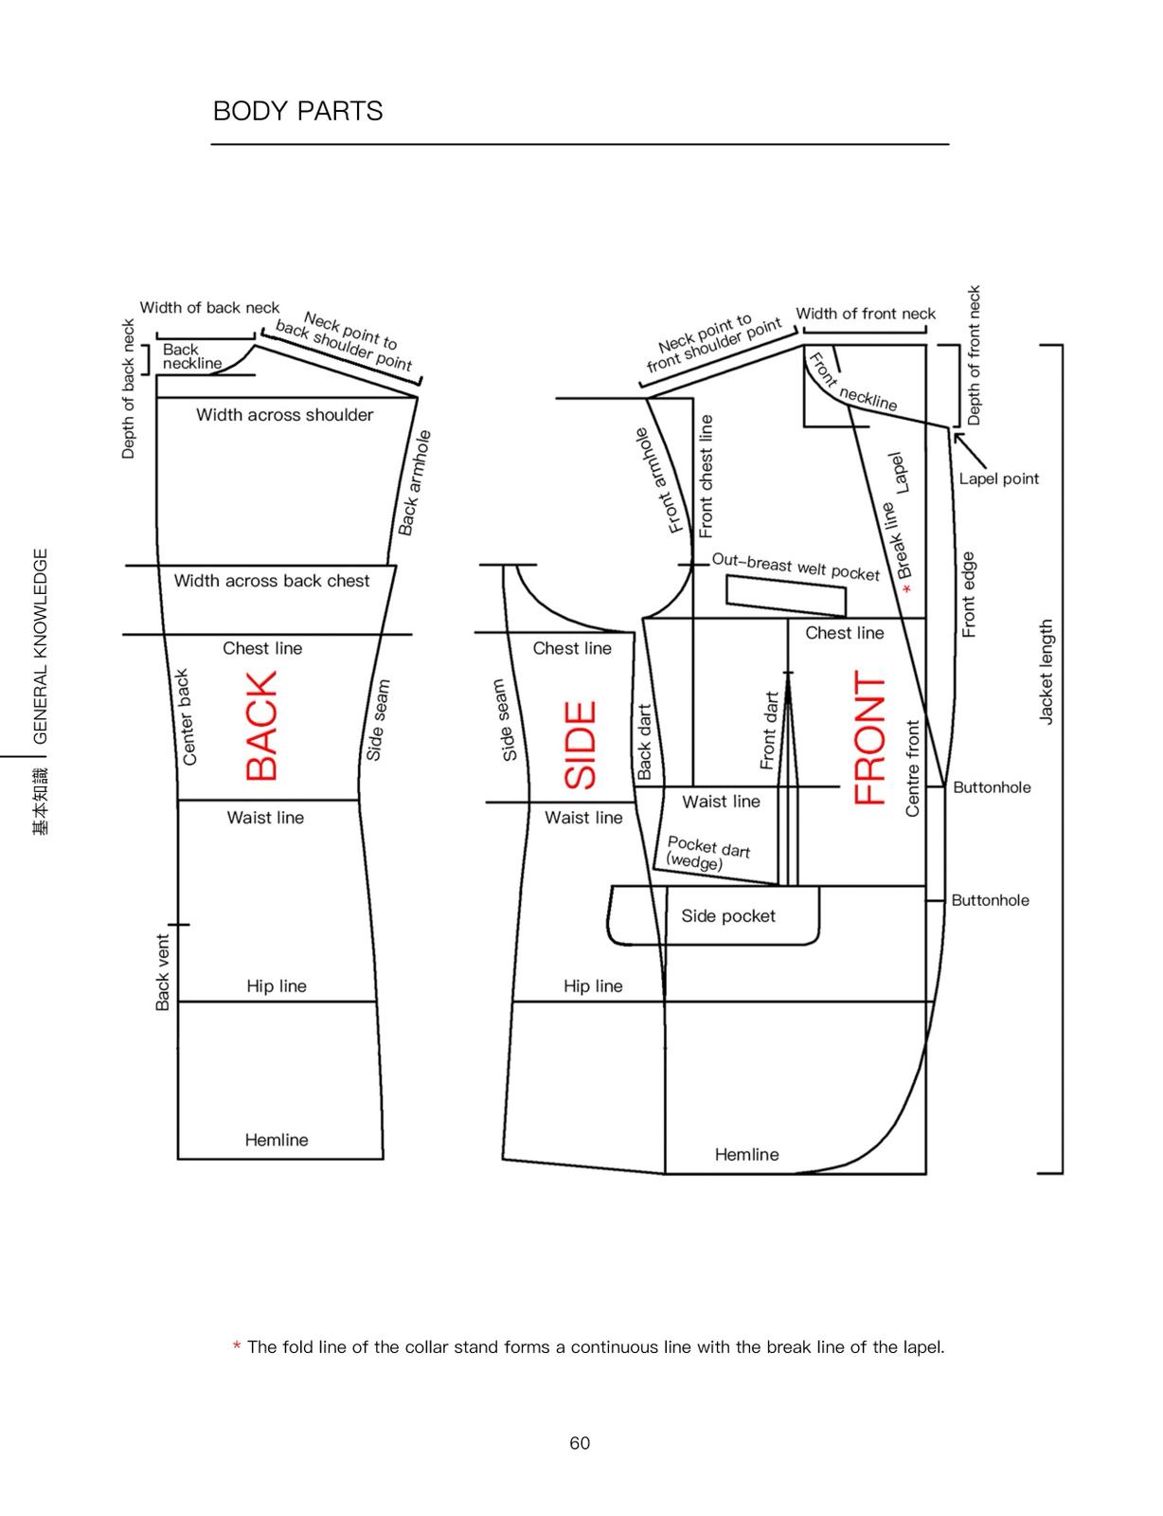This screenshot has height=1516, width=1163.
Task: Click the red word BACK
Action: pyautogui.click(x=261, y=726)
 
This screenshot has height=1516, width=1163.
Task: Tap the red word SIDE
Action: pyautogui.click(x=581, y=745)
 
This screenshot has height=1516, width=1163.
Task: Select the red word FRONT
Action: pyautogui.click(x=869, y=737)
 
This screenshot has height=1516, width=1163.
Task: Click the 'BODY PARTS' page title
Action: pyautogui.click(x=297, y=111)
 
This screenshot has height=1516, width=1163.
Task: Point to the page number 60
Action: pyautogui.click(x=580, y=1443)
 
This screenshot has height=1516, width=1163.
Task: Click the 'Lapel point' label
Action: pyautogui.click(x=998, y=478)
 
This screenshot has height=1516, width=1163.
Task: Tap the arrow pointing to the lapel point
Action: pyautogui.click(x=970, y=451)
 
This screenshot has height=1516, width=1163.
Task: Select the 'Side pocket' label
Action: pyautogui.click(x=728, y=916)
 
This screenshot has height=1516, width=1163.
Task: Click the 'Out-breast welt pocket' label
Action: pyautogui.click(x=796, y=568)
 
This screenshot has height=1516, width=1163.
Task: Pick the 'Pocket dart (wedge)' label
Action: pyautogui.click(x=707, y=853)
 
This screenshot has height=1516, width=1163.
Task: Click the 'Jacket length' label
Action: pyautogui.click(x=1046, y=671)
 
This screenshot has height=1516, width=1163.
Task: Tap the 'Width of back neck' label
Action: pyautogui.click(x=209, y=308)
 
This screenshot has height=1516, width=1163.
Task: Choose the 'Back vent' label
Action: pyautogui.click(x=163, y=972)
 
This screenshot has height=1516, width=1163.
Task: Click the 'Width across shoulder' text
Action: pyautogui.click(x=284, y=415)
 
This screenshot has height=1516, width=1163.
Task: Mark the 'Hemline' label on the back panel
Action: pyautogui.click(x=277, y=1139)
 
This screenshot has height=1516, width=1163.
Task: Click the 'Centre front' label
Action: pyautogui.click(x=912, y=768)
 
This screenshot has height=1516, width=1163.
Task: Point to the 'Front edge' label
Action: pyautogui.click(x=968, y=594)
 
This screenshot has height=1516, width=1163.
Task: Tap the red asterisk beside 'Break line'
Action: pyautogui.click(x=907, y=589)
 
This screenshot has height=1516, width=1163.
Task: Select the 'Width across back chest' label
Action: pyautogui.click(x=271, y=581)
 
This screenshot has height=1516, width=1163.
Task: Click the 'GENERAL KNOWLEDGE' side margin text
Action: pyautogui.click(x=41, y=646)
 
